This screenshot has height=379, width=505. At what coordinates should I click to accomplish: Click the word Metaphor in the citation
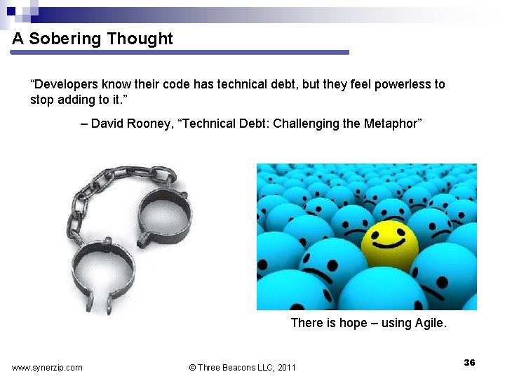point(392,124)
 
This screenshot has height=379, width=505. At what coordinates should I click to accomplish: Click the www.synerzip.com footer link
point(47,367)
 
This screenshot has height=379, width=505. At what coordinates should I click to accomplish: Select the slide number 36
point(469,362)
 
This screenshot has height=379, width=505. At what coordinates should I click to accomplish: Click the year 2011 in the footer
point(286,367)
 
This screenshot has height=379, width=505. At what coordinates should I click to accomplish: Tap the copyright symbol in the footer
point(193,367)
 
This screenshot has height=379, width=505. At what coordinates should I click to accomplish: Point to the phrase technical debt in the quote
point(258,84)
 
